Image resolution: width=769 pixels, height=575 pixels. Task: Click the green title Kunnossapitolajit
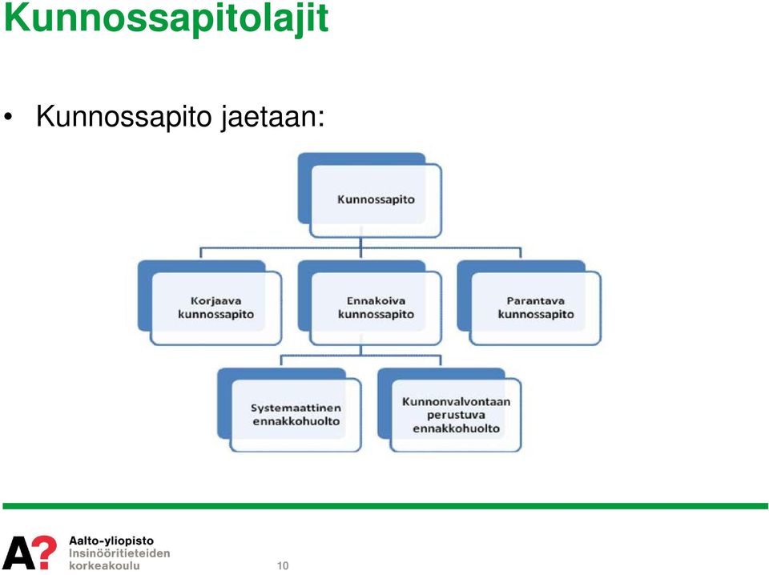pos(166,18)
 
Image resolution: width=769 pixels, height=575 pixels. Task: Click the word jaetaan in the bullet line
pos(272,118)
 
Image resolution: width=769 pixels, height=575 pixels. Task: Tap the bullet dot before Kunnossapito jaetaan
pos(8,118)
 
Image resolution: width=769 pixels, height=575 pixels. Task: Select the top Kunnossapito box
pos(370,195)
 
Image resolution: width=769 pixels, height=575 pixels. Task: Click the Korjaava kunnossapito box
pos(210,303)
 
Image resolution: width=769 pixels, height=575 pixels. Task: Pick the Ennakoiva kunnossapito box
pos(370,303)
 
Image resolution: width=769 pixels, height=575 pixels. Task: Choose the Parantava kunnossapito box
pos(529,303)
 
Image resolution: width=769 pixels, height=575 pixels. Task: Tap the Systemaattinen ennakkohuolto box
pos(289,410)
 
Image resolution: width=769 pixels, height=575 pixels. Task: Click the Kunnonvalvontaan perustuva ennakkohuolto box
pos(449,410)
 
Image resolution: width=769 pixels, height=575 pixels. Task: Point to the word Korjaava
pos(215,301)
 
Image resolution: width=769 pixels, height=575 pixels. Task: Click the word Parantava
pos(536,300)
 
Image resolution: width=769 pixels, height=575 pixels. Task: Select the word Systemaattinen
pos(296,408)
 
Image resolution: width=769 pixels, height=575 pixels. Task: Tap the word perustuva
pos(456,415)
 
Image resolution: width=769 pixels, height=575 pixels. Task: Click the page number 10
pos(283,565)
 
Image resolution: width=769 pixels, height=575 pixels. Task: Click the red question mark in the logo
pos(46,552)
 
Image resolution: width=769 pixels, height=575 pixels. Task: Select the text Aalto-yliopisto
pos(111,541)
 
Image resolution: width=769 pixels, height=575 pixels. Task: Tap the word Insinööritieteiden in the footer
pos(119,553)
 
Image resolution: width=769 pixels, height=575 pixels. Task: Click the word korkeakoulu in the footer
pos(104,565)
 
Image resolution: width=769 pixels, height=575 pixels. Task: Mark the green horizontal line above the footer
pos(385,506)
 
